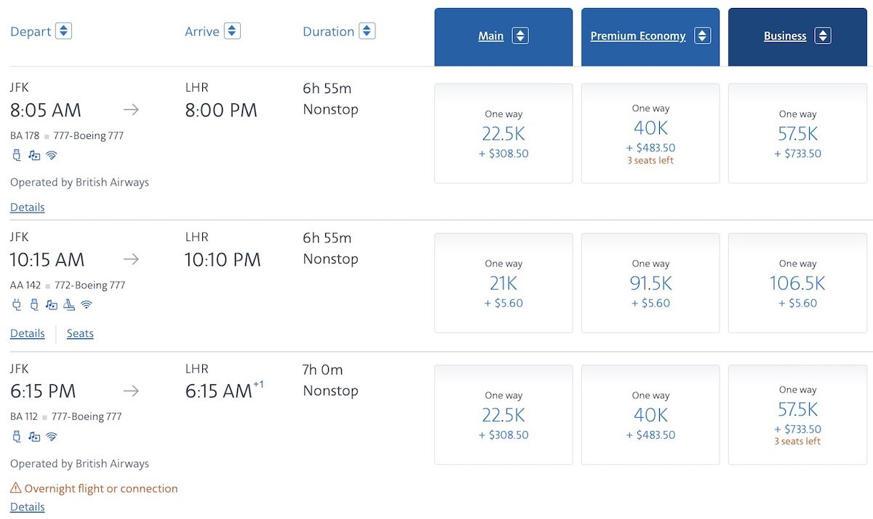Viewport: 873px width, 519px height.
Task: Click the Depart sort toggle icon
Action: (63, 31)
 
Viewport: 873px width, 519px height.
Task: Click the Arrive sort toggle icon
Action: (232, 31)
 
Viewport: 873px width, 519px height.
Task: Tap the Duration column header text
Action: (328, 31)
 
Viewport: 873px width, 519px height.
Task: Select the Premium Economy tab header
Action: (638, 36)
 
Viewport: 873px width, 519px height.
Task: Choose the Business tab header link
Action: (785, 36)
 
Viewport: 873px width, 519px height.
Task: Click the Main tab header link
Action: (491, 36)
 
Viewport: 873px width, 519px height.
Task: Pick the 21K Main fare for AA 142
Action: (503, 283)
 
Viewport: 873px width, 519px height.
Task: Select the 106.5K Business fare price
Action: (797, 283)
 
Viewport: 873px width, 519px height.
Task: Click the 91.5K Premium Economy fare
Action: (650, 283)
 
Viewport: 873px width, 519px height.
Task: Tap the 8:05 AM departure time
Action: (46, 111)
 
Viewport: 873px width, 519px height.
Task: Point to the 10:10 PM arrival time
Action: (222, 260)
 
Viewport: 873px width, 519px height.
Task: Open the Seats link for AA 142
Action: (80, 333)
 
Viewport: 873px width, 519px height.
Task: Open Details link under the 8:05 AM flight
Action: (28, 207)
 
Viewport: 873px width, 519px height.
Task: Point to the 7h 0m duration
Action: (322, 370)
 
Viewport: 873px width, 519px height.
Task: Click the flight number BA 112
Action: (24, 417)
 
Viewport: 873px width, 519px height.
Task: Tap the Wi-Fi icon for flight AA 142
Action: (87, 305)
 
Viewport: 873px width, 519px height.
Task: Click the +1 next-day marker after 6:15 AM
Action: (258, 384)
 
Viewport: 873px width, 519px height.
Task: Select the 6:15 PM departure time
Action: (43, 391)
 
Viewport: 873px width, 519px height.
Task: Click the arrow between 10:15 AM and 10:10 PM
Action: (131, 259)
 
